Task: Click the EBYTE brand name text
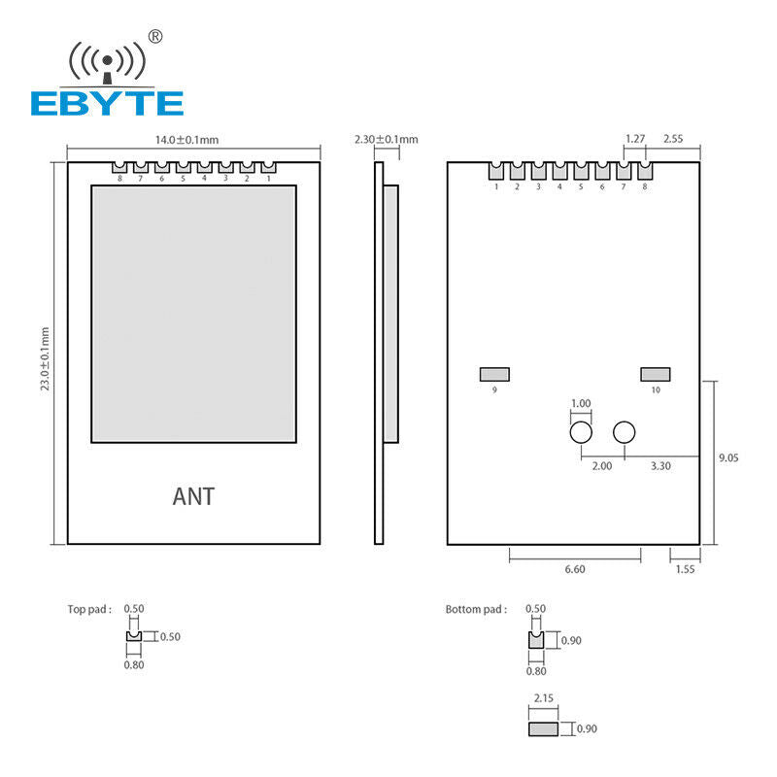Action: click(x=107, y=104)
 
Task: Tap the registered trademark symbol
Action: click(x=155, y=37)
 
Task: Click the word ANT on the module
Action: click(x=193, y=496)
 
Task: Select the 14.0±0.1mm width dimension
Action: click(x=186, y=140)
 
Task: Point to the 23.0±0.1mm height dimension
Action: click(x=45, y=358)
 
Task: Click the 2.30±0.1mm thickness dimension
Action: click(x=386, y=139)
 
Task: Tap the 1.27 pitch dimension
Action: click(x=635, y=139)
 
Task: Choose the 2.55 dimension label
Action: click(x=673, y=139)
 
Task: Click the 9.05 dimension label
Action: click(x=728, y=457)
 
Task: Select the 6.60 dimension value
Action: click(x=575, y=569)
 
